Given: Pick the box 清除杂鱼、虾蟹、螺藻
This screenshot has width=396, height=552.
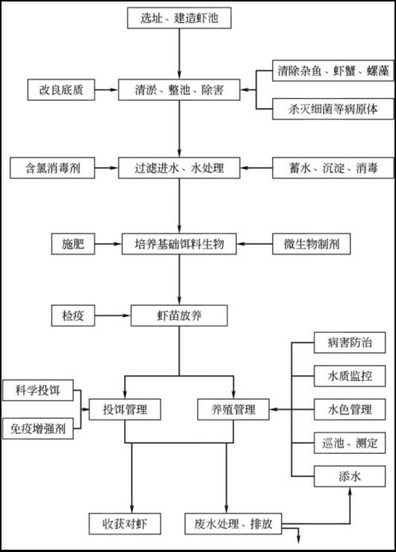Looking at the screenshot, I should pyautogui.click(x=326, y=71).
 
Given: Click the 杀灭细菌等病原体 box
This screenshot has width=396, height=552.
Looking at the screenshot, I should pyautogui.click(x=326, y=110).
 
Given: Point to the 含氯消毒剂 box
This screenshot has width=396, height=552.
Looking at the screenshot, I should pyautogui.click(x=52, y=168).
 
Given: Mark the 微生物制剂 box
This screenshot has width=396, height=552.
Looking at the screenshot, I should pyautogui.click(x=315, y=244).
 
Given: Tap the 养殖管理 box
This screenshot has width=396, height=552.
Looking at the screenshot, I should pyautogui.click(x=233, y=409).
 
